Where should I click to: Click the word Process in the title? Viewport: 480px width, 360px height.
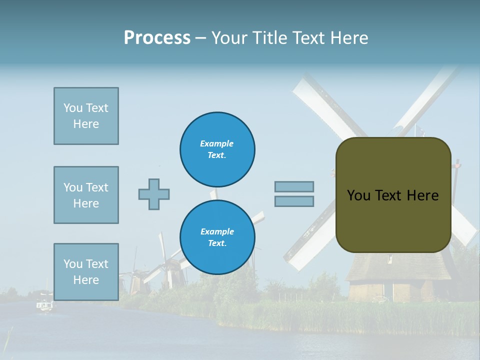tap(157, 37)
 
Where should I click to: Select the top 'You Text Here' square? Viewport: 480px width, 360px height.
tap(86, 116)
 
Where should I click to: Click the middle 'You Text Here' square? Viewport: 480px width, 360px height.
tap(86, 195)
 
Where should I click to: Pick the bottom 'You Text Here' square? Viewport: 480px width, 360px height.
tap(86, 271)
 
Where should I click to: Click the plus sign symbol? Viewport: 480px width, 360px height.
tap(154, 194)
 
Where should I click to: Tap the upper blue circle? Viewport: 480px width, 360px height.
tap(217, 149)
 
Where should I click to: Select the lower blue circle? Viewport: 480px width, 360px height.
tap(217, 237)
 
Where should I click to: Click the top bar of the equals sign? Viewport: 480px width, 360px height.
tap(294, 186)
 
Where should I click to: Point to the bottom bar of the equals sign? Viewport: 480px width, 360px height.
tap(294, 201)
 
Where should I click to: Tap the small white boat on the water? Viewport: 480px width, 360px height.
tap(44, 304)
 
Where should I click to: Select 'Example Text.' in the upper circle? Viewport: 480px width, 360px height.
tap(217, 149)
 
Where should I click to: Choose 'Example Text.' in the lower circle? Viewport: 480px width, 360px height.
tap(217, 237)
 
